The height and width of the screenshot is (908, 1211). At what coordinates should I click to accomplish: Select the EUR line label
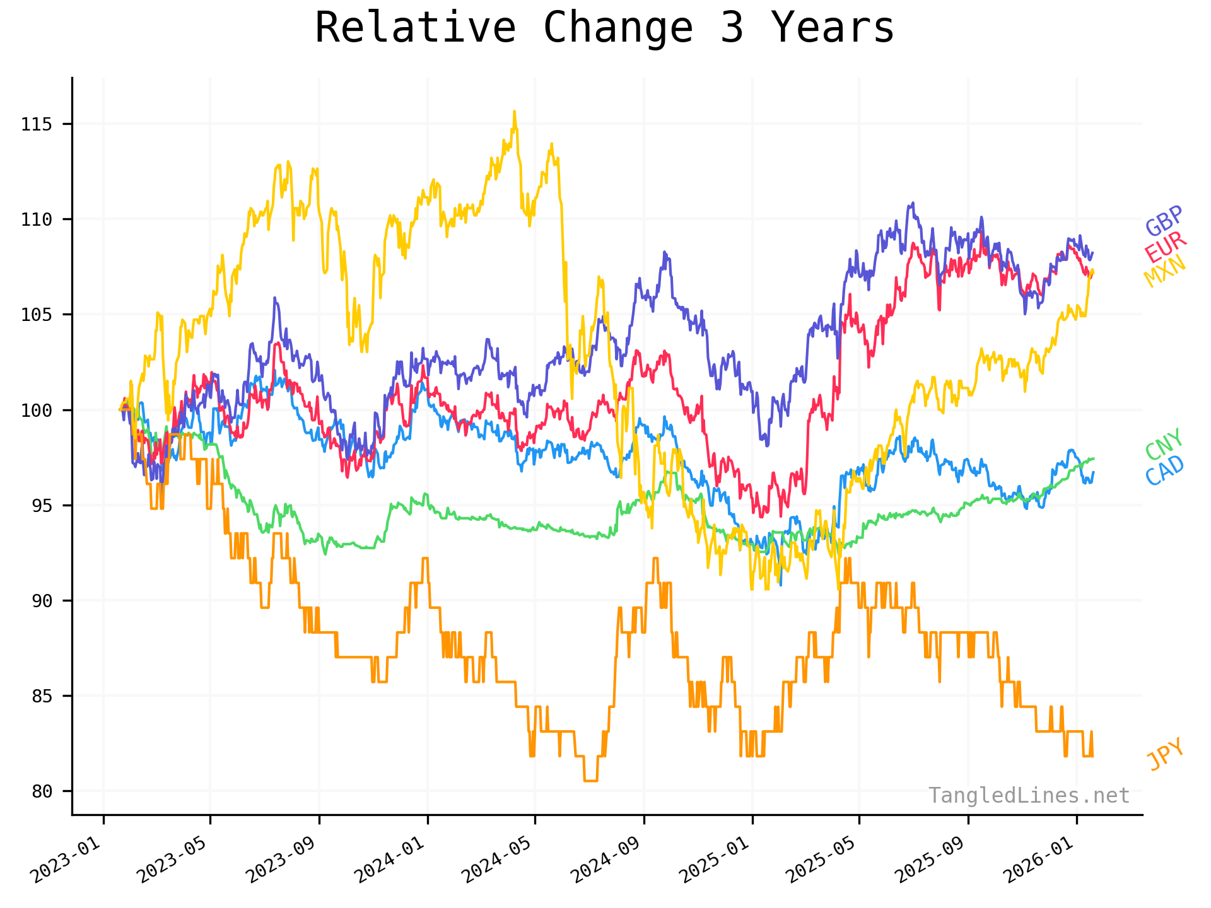(1166, 247)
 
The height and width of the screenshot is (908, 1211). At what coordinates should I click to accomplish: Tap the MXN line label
(1164, 272)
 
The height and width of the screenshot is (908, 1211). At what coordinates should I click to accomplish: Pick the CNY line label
(1164, 444)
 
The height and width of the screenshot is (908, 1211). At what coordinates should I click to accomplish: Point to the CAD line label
(1164, 470)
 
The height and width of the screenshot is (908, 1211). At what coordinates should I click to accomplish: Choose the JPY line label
(1166, 754)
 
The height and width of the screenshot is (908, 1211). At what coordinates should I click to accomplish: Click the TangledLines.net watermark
(1029, 796)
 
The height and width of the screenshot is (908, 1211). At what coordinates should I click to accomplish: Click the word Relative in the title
(415, 28)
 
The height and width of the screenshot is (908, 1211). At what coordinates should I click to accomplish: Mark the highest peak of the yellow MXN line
(514, 112)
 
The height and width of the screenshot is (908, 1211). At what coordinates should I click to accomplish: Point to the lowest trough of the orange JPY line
(590, 781)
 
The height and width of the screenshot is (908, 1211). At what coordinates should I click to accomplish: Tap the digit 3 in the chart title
(732, 28)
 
